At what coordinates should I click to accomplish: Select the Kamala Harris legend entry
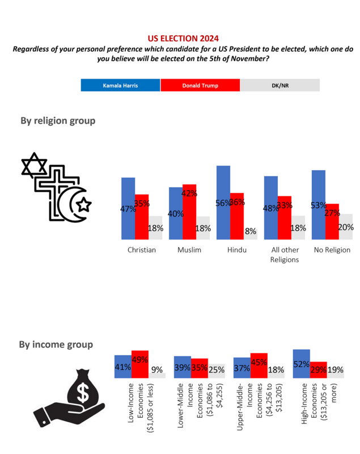(x=121, y=86)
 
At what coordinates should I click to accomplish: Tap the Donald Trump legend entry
(x=200, y=86)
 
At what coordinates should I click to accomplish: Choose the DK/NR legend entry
(x=280, y=86)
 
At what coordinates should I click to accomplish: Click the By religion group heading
(x=58, y=120)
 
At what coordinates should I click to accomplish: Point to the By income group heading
(x=56, y=344)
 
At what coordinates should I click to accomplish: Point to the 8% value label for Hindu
(x=250, y=231)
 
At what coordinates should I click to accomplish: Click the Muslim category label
(x=189, y=250)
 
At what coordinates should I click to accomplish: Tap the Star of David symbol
(x=33, y=165)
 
